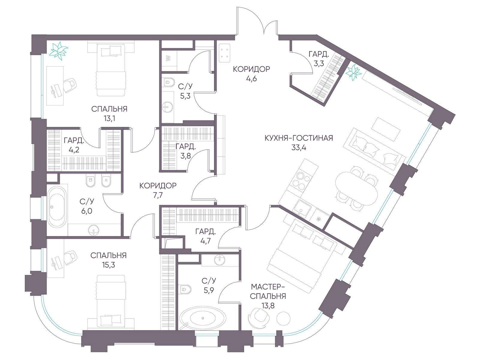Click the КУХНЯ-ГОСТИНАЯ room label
point(298,138)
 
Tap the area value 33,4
point(299,148)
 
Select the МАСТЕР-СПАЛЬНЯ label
point(268,291)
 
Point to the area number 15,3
point(108,265)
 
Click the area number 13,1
point(109,118)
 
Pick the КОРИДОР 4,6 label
point(251,74)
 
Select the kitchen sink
point(303,210)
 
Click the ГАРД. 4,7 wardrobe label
point(205,236)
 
